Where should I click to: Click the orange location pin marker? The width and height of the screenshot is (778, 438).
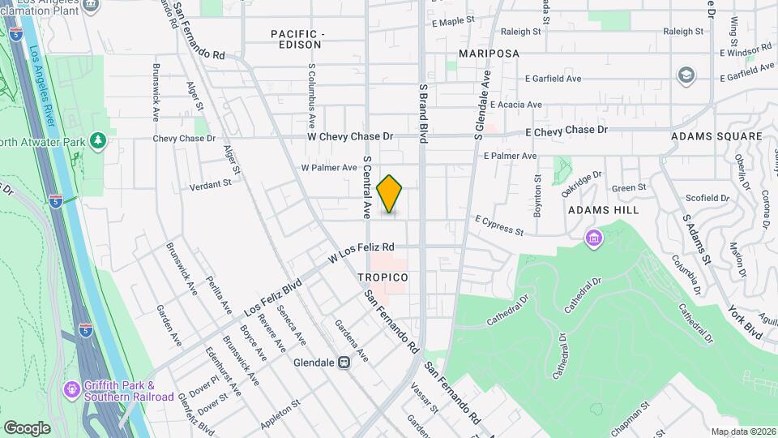pos(390,194)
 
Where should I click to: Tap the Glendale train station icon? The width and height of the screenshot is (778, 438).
pos(344,363)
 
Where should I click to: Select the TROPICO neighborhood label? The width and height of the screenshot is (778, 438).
pos(383,277)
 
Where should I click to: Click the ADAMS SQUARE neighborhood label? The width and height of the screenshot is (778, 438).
pos(716,137)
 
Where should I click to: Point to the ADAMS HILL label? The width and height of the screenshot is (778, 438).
pos(603,209)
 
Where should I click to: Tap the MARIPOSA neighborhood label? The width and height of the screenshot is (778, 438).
pos(488,53)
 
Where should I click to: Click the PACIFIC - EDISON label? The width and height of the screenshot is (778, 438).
pos(297,39)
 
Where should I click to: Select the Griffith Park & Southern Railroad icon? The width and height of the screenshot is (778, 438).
pos(73,390)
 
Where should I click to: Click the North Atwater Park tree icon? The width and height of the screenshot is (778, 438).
pos(99,141)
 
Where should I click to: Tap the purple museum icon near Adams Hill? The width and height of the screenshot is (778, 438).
pos(595,238)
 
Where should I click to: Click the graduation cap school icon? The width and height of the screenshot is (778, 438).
pos(686,75)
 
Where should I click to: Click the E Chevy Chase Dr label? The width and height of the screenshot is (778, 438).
pos(566,131)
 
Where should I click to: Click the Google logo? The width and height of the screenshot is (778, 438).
pos(27,427)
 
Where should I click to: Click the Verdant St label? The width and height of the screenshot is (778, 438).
pos(211,184)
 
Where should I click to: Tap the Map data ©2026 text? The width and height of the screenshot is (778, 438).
pos(742,432)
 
